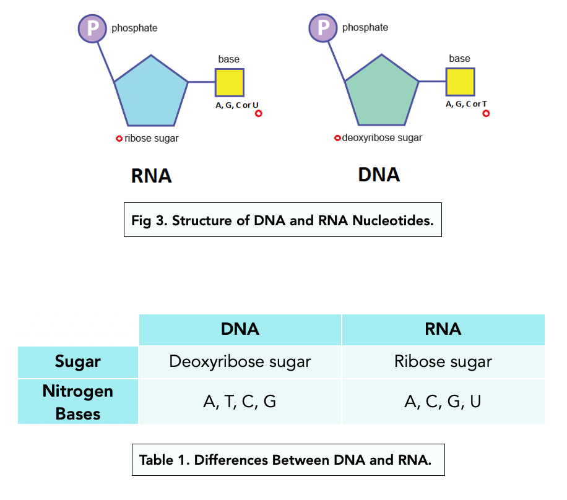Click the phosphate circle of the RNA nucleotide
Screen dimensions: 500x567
[x=92, y=27]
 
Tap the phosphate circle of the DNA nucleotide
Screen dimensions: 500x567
[x=322, y=27]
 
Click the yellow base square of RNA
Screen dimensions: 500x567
[x=229, y=82]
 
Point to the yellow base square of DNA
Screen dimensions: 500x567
[x=460, y=82]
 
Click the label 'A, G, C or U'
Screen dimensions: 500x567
[x=236, y=105]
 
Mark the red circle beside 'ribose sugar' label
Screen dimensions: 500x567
[x=119, y=139]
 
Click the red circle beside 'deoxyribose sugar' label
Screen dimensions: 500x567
[x=337, y=138]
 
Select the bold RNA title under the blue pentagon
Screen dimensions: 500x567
[x=151, y=176]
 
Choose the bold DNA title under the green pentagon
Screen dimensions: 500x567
[x=379, y=175]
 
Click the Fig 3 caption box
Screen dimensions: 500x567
[x=283, y=220]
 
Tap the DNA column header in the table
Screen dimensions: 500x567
[x=240, y=329]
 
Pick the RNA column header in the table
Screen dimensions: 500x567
[x=443, y=329]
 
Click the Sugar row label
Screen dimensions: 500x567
[x=78, y=361]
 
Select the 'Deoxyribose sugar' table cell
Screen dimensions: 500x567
[x=240, y=361]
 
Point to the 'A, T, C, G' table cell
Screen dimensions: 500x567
[x=240, y=402]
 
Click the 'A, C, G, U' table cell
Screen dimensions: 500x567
[x=443, y=402]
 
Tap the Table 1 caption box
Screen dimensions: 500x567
[x=288, y=460]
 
